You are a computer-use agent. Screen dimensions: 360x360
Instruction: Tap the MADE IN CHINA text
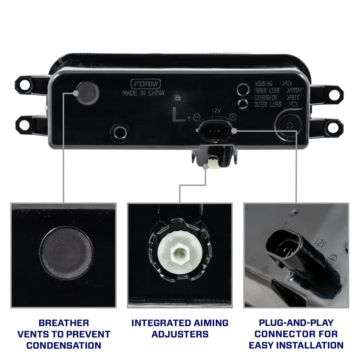143,93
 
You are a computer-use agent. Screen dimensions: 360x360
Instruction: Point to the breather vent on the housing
87,91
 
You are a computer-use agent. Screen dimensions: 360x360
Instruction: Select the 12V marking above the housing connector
216,110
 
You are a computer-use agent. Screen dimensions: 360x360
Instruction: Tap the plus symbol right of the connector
233,116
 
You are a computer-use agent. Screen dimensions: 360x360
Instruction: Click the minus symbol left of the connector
197,117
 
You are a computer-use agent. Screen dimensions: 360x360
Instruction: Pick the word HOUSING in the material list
263,84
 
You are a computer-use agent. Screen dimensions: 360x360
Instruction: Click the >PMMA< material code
295,90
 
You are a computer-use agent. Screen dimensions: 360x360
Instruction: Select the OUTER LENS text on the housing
268,104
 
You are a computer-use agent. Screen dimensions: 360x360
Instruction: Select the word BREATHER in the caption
64,323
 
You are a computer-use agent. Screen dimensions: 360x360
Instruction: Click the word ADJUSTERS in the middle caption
180,334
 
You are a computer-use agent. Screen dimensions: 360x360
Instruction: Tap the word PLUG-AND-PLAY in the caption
296,323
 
